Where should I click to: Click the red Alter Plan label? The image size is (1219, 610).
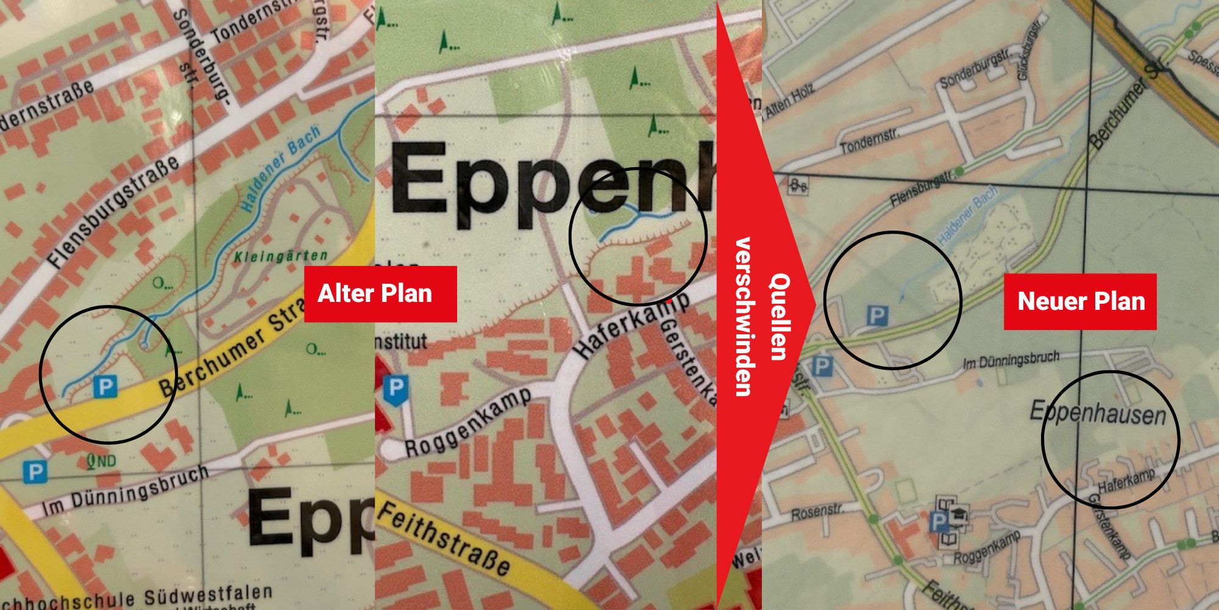click(380, 294)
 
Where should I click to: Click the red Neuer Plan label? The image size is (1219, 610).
click(1080, 301)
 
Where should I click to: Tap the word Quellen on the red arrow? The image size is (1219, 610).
click(779, 317)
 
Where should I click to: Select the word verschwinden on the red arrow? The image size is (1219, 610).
click(744, 317)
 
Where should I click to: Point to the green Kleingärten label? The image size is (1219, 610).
click(281, 257)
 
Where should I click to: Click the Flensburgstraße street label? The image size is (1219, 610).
click(113, 210)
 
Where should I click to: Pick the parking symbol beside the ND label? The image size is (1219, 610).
click(35, 472)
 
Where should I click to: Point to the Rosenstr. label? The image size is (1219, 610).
click(817, 513)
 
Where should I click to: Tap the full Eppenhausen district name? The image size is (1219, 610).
click(1097, 414)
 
